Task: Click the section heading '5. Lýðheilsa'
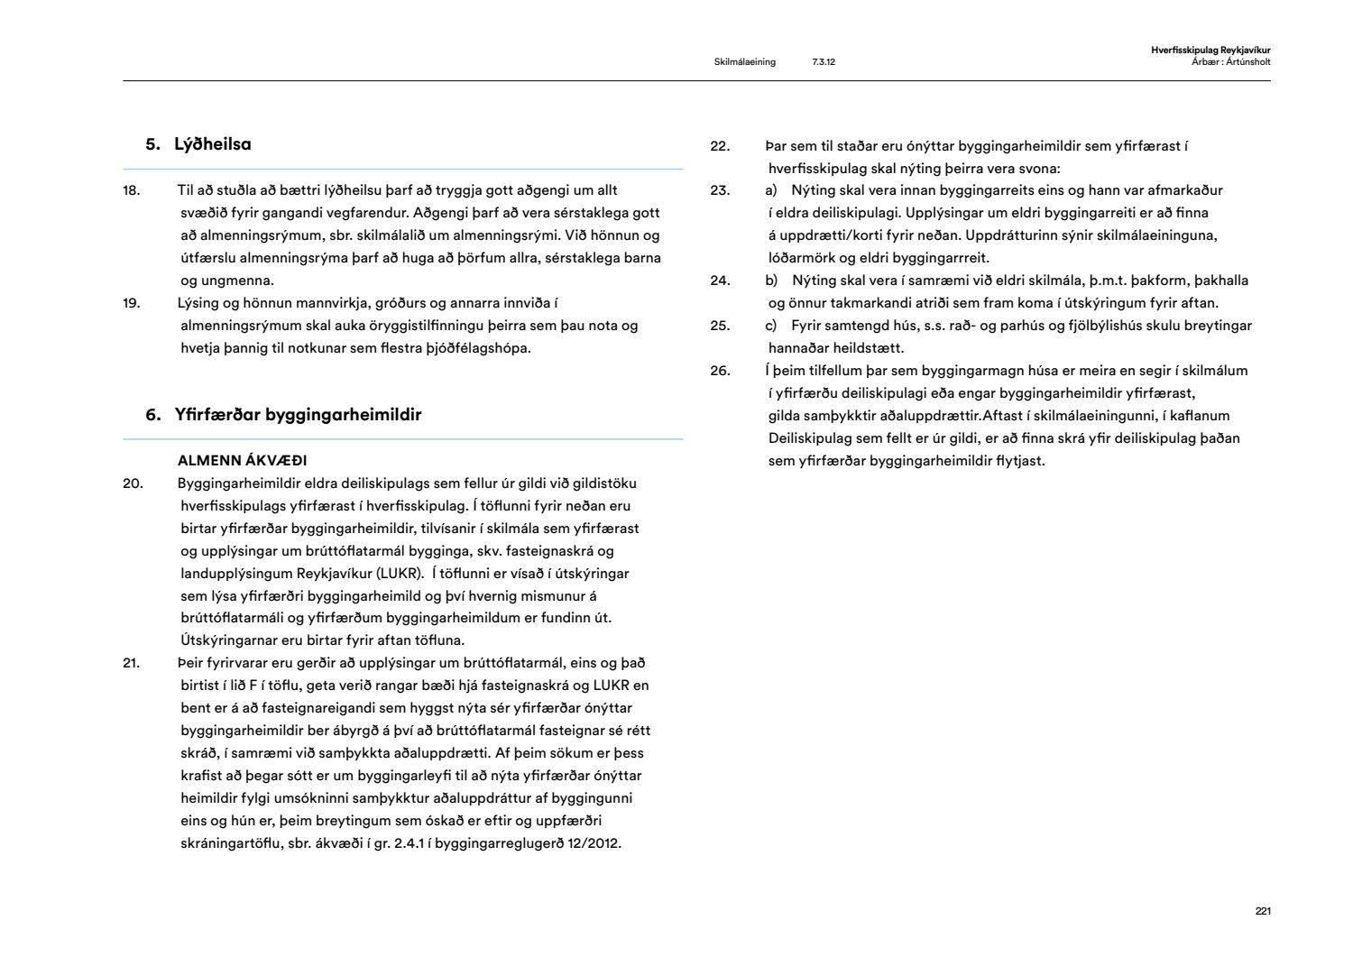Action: (198, 144)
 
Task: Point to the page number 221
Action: (1263, 911)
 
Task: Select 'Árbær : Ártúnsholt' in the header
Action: (1230, 62)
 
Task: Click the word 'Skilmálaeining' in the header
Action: (744, 62)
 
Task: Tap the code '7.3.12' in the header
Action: (823, 62)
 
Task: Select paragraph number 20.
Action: (133, 483)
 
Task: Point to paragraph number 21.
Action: (132, 663)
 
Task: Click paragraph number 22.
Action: (719, 146)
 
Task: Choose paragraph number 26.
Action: (720, 371)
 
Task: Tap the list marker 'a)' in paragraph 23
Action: (771, 190)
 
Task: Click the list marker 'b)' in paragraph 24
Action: (771, 281)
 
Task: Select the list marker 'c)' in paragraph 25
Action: (771, 326)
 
